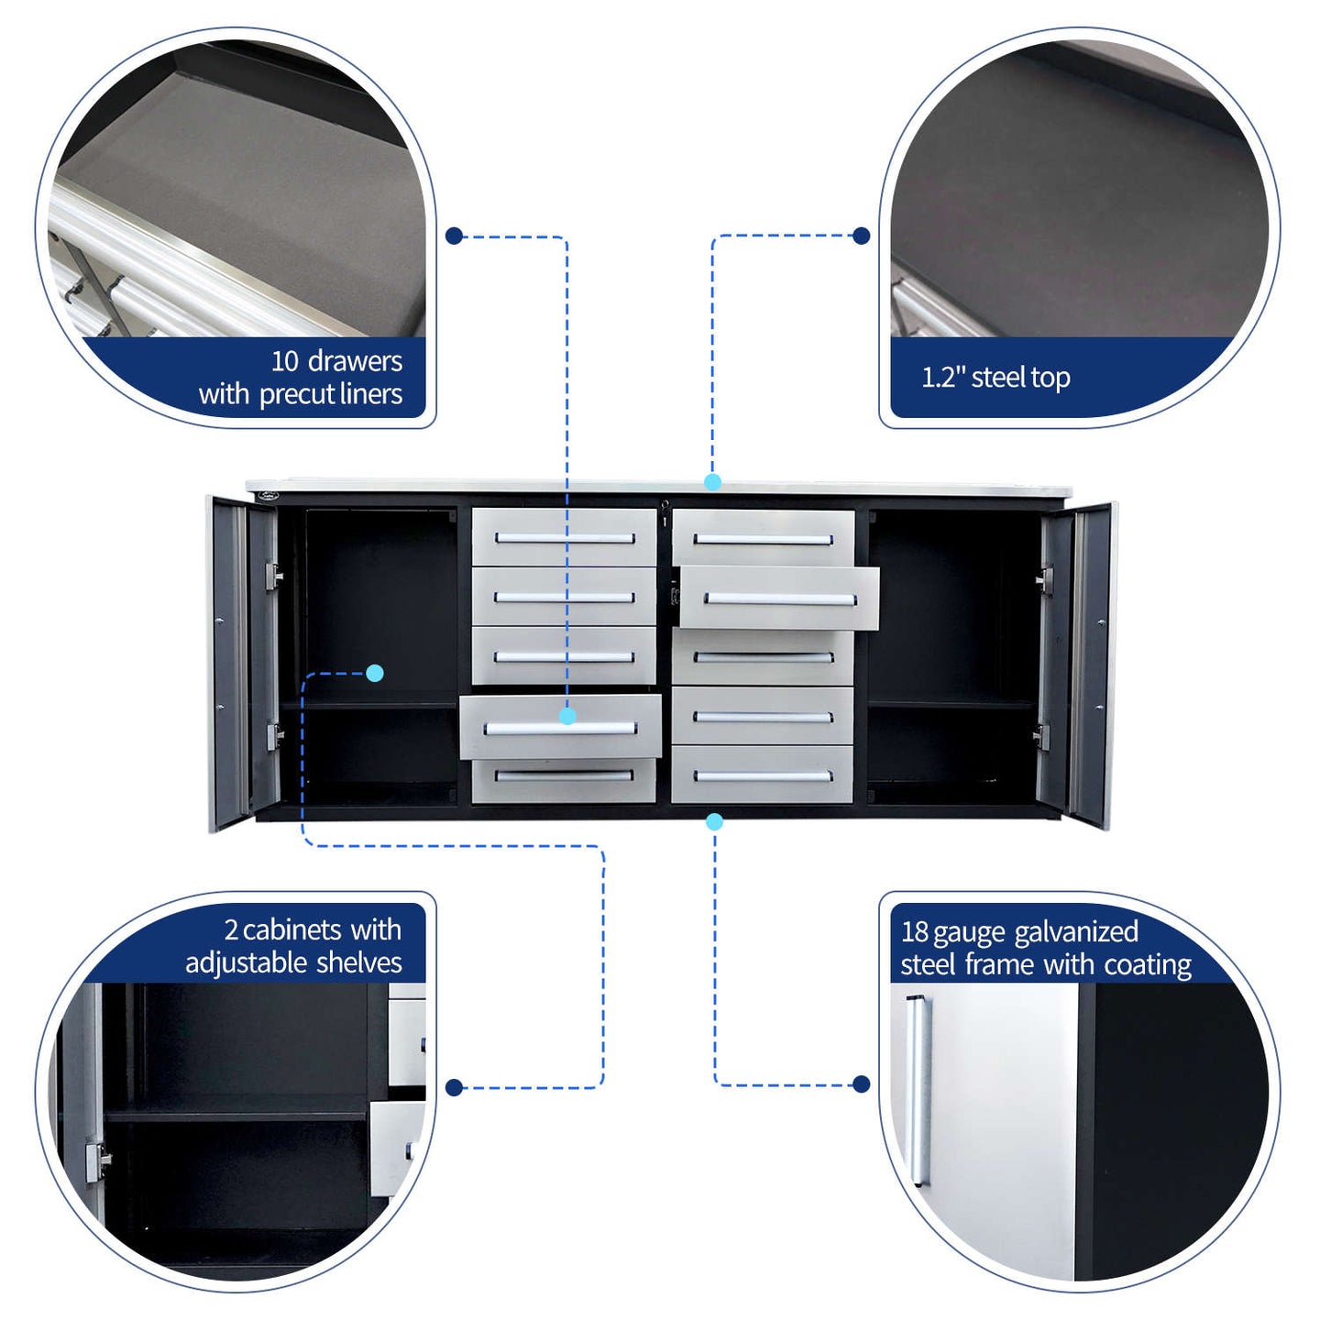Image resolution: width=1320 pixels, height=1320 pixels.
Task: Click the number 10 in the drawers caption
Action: click(284, 361)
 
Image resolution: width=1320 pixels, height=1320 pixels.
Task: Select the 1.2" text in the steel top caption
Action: click(943, 377)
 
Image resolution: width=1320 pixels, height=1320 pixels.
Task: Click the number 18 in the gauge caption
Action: click(914, 931)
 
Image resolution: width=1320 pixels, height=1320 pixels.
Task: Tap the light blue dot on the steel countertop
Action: click(712, 482)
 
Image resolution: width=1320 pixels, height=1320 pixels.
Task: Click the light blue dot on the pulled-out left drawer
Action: click(567, 716)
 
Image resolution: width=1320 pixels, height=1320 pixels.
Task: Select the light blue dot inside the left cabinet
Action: click(375, 674)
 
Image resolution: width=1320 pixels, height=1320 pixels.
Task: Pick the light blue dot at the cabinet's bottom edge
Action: click(714, 821)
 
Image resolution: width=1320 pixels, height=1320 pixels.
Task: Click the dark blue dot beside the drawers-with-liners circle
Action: click(454, 236)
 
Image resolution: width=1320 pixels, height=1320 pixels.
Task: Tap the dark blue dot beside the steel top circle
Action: click(862, 236)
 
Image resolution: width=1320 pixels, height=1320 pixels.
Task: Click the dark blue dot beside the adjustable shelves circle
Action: click(454, 1087)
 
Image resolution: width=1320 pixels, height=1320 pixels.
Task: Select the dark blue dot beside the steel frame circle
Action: click(862, 1083)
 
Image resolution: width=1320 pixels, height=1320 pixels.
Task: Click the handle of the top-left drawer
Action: click(566, 538)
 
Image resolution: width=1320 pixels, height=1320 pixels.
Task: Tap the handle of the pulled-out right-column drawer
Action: click(780, 600)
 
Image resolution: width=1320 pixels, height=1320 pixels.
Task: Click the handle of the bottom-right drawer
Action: click(763, 776)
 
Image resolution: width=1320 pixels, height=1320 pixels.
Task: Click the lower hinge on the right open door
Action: click(1041, 736)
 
